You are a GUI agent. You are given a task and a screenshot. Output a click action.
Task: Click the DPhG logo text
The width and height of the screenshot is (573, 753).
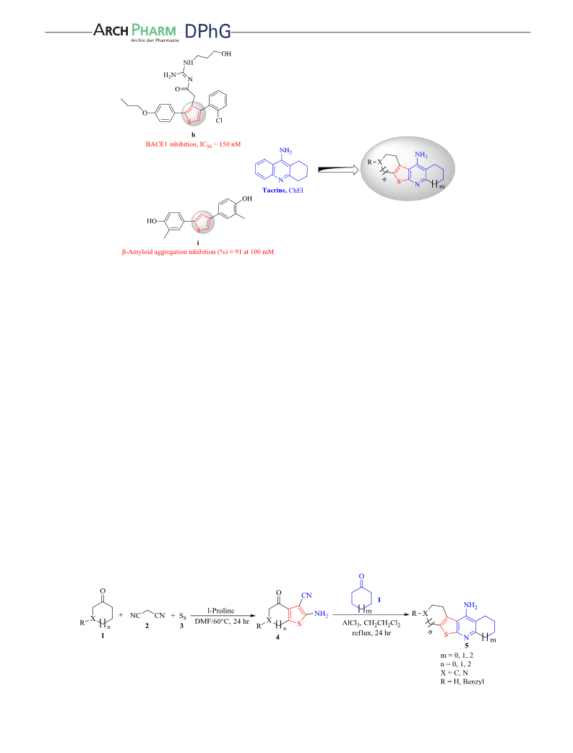click(207, 31)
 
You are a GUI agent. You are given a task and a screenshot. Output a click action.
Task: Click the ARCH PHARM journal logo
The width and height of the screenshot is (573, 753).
click(134, 32)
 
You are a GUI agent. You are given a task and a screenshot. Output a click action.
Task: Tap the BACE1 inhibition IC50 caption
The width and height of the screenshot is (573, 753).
click(193, 144)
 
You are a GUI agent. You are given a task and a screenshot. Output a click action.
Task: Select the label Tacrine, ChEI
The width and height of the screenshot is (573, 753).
click(283, 190)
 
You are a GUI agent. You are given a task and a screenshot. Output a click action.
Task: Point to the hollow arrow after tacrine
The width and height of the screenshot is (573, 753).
click(338, 169)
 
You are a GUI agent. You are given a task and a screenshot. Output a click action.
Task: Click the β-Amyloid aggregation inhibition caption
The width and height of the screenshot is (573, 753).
click(197, 252)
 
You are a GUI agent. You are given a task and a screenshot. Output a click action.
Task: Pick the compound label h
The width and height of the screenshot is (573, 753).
click(193, 135)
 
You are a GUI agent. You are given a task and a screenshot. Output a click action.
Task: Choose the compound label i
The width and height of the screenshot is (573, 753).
click(198, 243)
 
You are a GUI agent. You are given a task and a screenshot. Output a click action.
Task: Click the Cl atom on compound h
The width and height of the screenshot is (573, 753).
click(219, 121)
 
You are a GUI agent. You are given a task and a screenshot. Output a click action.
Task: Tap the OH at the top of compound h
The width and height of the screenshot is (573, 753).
click(226, 53)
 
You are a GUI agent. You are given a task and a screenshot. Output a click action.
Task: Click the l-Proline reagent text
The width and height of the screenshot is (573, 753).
click(220, 611)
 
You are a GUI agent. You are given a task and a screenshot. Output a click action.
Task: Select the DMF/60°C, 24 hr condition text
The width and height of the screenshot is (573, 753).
click(222, 621)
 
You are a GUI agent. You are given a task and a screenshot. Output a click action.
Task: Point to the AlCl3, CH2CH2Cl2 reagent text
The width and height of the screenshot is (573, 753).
click(371, 623)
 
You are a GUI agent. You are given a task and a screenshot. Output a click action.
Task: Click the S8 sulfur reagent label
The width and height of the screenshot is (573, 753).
click(182, 615)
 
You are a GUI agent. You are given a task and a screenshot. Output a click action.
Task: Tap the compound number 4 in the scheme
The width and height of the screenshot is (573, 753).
click(277, 637)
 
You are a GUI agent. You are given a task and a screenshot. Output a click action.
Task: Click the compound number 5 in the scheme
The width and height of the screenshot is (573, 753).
click(466, 646)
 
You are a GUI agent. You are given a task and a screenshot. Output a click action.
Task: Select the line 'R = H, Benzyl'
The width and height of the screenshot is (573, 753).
click(462, 682)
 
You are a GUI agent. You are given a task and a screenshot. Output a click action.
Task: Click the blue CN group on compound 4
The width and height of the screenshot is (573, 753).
click(306, 596)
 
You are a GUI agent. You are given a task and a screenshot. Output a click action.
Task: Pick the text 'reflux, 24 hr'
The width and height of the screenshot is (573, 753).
click(371, 633)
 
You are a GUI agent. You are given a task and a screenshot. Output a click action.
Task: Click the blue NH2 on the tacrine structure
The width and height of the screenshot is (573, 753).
click(285, 152)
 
